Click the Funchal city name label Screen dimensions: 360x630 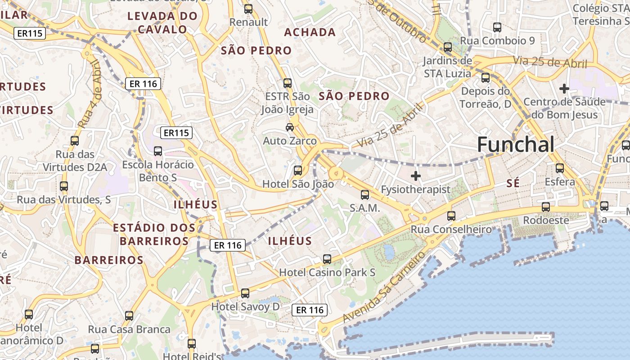tap(516, 145)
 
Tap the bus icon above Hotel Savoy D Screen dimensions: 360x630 tap(245, 293)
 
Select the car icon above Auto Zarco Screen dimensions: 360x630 tap(290, 127)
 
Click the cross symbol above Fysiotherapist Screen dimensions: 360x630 tap(416, 176)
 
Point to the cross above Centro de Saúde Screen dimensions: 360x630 tap(564, 89)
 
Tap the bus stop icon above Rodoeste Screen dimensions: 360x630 tap(546, 207)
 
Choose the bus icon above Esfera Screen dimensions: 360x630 tap(560, 168)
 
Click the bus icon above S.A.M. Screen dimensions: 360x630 tap(365, 195)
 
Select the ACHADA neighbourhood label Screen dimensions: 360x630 tap(310, 32)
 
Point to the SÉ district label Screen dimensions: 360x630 tap(513, 183)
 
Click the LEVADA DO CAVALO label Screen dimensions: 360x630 tap(162, 23)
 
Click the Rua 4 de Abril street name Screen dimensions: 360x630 tap(90, 94)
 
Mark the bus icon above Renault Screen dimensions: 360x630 tap(248, 9)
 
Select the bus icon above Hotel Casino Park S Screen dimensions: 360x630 tap(327, 259)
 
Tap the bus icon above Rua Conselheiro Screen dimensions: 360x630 tap(451, 216)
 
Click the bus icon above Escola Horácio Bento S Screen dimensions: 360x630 tap(158, 151)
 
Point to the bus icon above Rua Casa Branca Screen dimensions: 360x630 tap(129, 316)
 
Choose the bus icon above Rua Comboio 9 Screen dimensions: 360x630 tap(497, 27)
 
